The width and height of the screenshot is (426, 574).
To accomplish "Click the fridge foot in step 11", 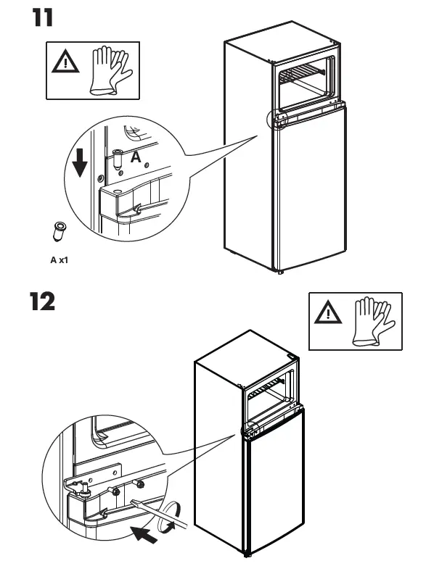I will pos(280,273).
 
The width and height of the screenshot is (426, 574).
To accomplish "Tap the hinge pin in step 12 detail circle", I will pos(85,490).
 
